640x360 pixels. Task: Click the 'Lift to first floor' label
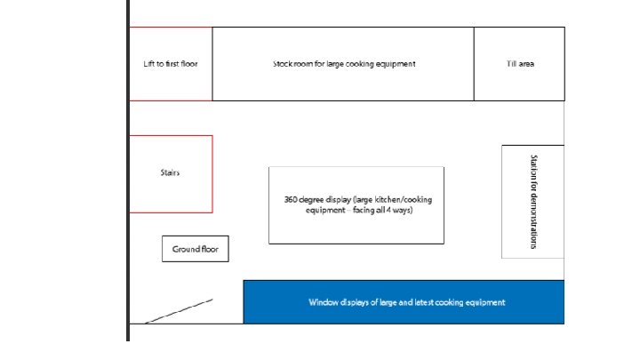(x=170, y=64)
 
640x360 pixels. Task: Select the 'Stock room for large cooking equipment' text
(x=343, y=64)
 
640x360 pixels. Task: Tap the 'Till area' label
(x=519, y=64)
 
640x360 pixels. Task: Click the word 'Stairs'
(x=170, y=172)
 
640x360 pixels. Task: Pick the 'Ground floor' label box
(x=196, y=250)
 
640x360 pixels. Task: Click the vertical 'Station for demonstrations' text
(x=533, y=202)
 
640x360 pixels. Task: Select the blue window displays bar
(x=404, y=302)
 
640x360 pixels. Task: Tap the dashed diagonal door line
(x=179, y=310)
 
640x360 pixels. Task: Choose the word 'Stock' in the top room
(x=283, y=64)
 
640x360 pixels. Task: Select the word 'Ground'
(x=185, y=250)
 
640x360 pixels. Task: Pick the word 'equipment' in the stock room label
(x=396, y=64)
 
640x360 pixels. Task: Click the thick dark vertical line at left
(x=128, y=178)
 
